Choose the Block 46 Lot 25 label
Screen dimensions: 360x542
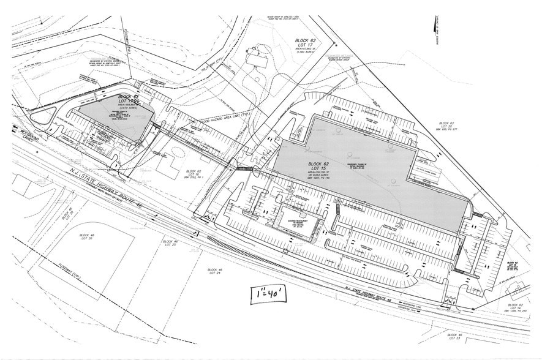tap(170, 243)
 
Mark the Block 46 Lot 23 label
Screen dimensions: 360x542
tap(454, 336)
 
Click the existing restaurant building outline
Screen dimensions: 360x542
tap(301, 224)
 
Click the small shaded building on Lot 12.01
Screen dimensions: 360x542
tap(118, 116)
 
